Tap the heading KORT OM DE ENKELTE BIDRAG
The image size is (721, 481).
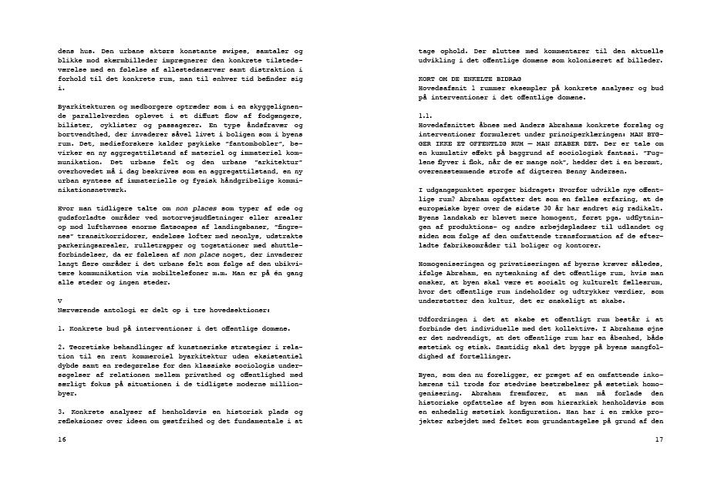point(463,79)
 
